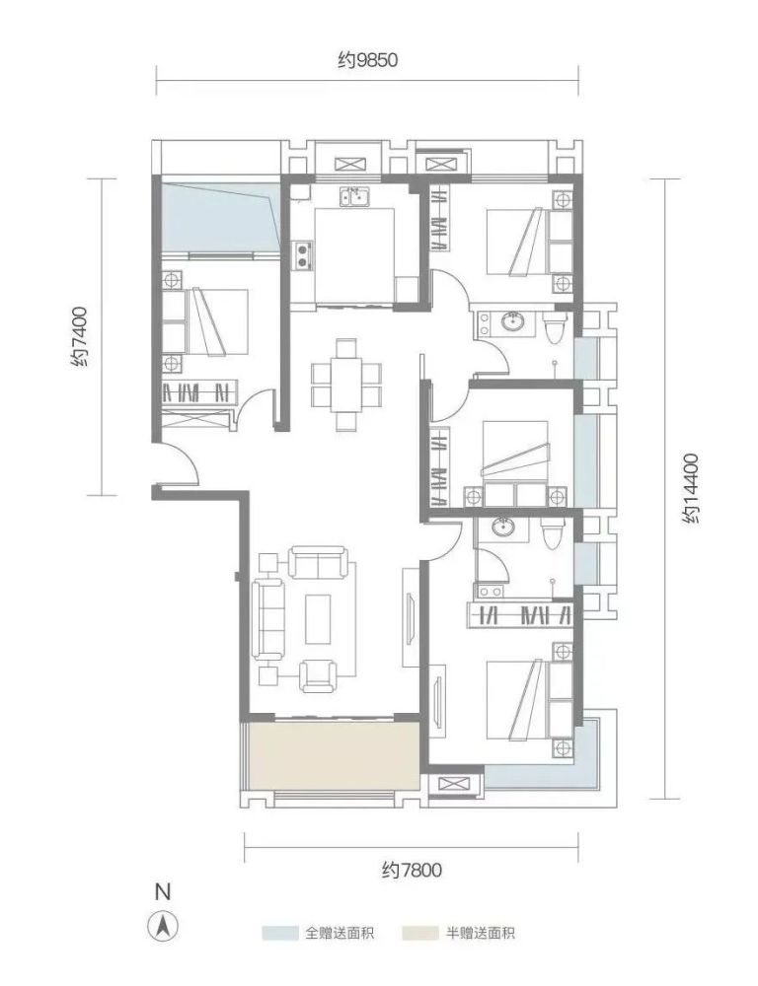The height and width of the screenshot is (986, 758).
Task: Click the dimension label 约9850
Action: (x=368, y=61)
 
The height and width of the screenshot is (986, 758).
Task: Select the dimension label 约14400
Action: (x=690, y=489)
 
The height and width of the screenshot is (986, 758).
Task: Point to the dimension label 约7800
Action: (x=412, y=871)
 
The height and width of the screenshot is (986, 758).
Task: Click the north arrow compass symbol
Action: (x=163, y=926)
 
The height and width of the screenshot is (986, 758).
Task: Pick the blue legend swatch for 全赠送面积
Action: (x=280, y=933)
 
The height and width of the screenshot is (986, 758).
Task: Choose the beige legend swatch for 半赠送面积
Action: (x=419, y=933)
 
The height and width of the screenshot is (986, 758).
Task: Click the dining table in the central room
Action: (x=346, y=385)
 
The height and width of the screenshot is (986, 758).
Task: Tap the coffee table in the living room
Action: (x=319, y=619)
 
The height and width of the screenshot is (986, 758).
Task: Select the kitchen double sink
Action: (x=355, y=197)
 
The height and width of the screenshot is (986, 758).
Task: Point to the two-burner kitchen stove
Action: (x=303, y=254)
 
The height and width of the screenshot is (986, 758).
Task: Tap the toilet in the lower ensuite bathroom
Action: (x=551, y=533)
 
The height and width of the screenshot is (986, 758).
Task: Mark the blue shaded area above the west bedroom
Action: (x=220, y=216)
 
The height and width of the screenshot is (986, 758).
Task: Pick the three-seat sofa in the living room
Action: (x=269, y=620)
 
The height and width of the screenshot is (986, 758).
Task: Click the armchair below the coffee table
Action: (x=318, y=676)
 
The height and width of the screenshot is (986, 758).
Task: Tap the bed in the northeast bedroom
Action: (x=530, y=242)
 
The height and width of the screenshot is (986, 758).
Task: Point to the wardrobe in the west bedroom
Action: (x=199, y=391)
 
